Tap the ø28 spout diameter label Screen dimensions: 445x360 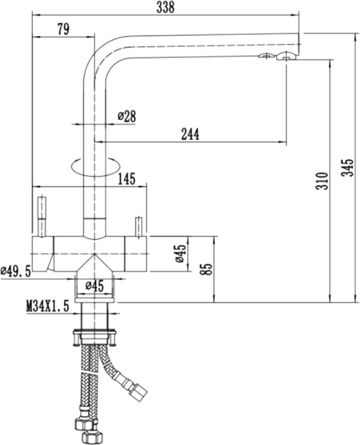[x=126, y=116]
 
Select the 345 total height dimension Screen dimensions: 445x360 [x=349, y=169]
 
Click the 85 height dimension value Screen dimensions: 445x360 [x=206, y=268]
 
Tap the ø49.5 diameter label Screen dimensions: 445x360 [x=16, y=272]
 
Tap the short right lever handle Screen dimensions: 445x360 [x=138, y=227]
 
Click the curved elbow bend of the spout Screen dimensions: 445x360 [x=100, y=55]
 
